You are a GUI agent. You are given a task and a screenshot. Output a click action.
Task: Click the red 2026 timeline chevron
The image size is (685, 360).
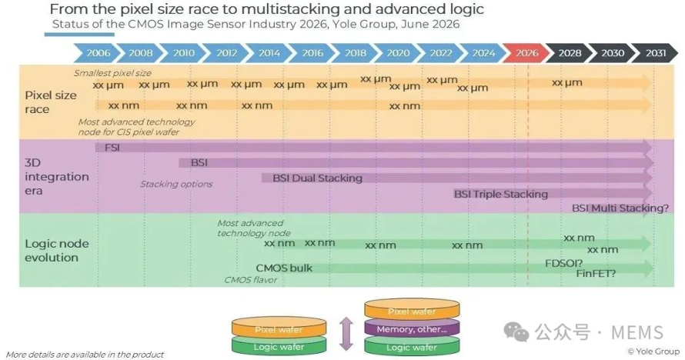coord(526,53)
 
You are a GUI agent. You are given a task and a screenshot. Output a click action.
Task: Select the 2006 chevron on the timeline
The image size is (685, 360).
coord(97,53)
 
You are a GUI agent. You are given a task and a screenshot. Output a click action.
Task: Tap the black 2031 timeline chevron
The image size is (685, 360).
coord(655,53)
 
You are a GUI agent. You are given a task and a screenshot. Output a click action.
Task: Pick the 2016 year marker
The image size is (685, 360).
coord(312,53)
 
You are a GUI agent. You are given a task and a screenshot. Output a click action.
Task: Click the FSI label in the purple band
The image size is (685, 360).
coord(112,148)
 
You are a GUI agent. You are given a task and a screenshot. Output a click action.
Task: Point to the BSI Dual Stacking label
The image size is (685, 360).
coord(318,178)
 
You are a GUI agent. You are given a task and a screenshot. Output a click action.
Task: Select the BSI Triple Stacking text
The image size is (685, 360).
coord(500,194)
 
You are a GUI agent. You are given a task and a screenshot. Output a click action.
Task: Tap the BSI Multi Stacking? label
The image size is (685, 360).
coord(620,208)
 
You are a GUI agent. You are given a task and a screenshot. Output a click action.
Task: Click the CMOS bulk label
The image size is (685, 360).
coord(284,268)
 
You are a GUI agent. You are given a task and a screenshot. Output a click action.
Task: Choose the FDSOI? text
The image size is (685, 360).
coord(563,263)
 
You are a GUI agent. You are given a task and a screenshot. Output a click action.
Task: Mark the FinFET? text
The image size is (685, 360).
coord(596,274)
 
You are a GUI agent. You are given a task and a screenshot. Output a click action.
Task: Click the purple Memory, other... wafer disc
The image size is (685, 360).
coord(412,328)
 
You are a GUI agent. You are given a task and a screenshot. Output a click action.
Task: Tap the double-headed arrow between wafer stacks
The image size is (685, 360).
coord(346,334)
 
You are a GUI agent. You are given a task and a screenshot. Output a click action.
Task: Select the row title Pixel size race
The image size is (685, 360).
coord(51,102)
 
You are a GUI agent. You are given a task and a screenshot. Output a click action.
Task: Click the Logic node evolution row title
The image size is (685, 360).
coord(57,251)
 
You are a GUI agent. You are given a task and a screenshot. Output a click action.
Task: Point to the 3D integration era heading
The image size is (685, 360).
coord(57,177)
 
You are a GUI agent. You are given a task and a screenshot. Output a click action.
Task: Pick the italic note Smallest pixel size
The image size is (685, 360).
coord(112,73)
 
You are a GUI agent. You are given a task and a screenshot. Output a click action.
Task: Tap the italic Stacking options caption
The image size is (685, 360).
coord(176,184)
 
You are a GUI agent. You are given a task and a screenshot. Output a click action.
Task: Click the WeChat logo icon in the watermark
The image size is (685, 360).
coord(516,332)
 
